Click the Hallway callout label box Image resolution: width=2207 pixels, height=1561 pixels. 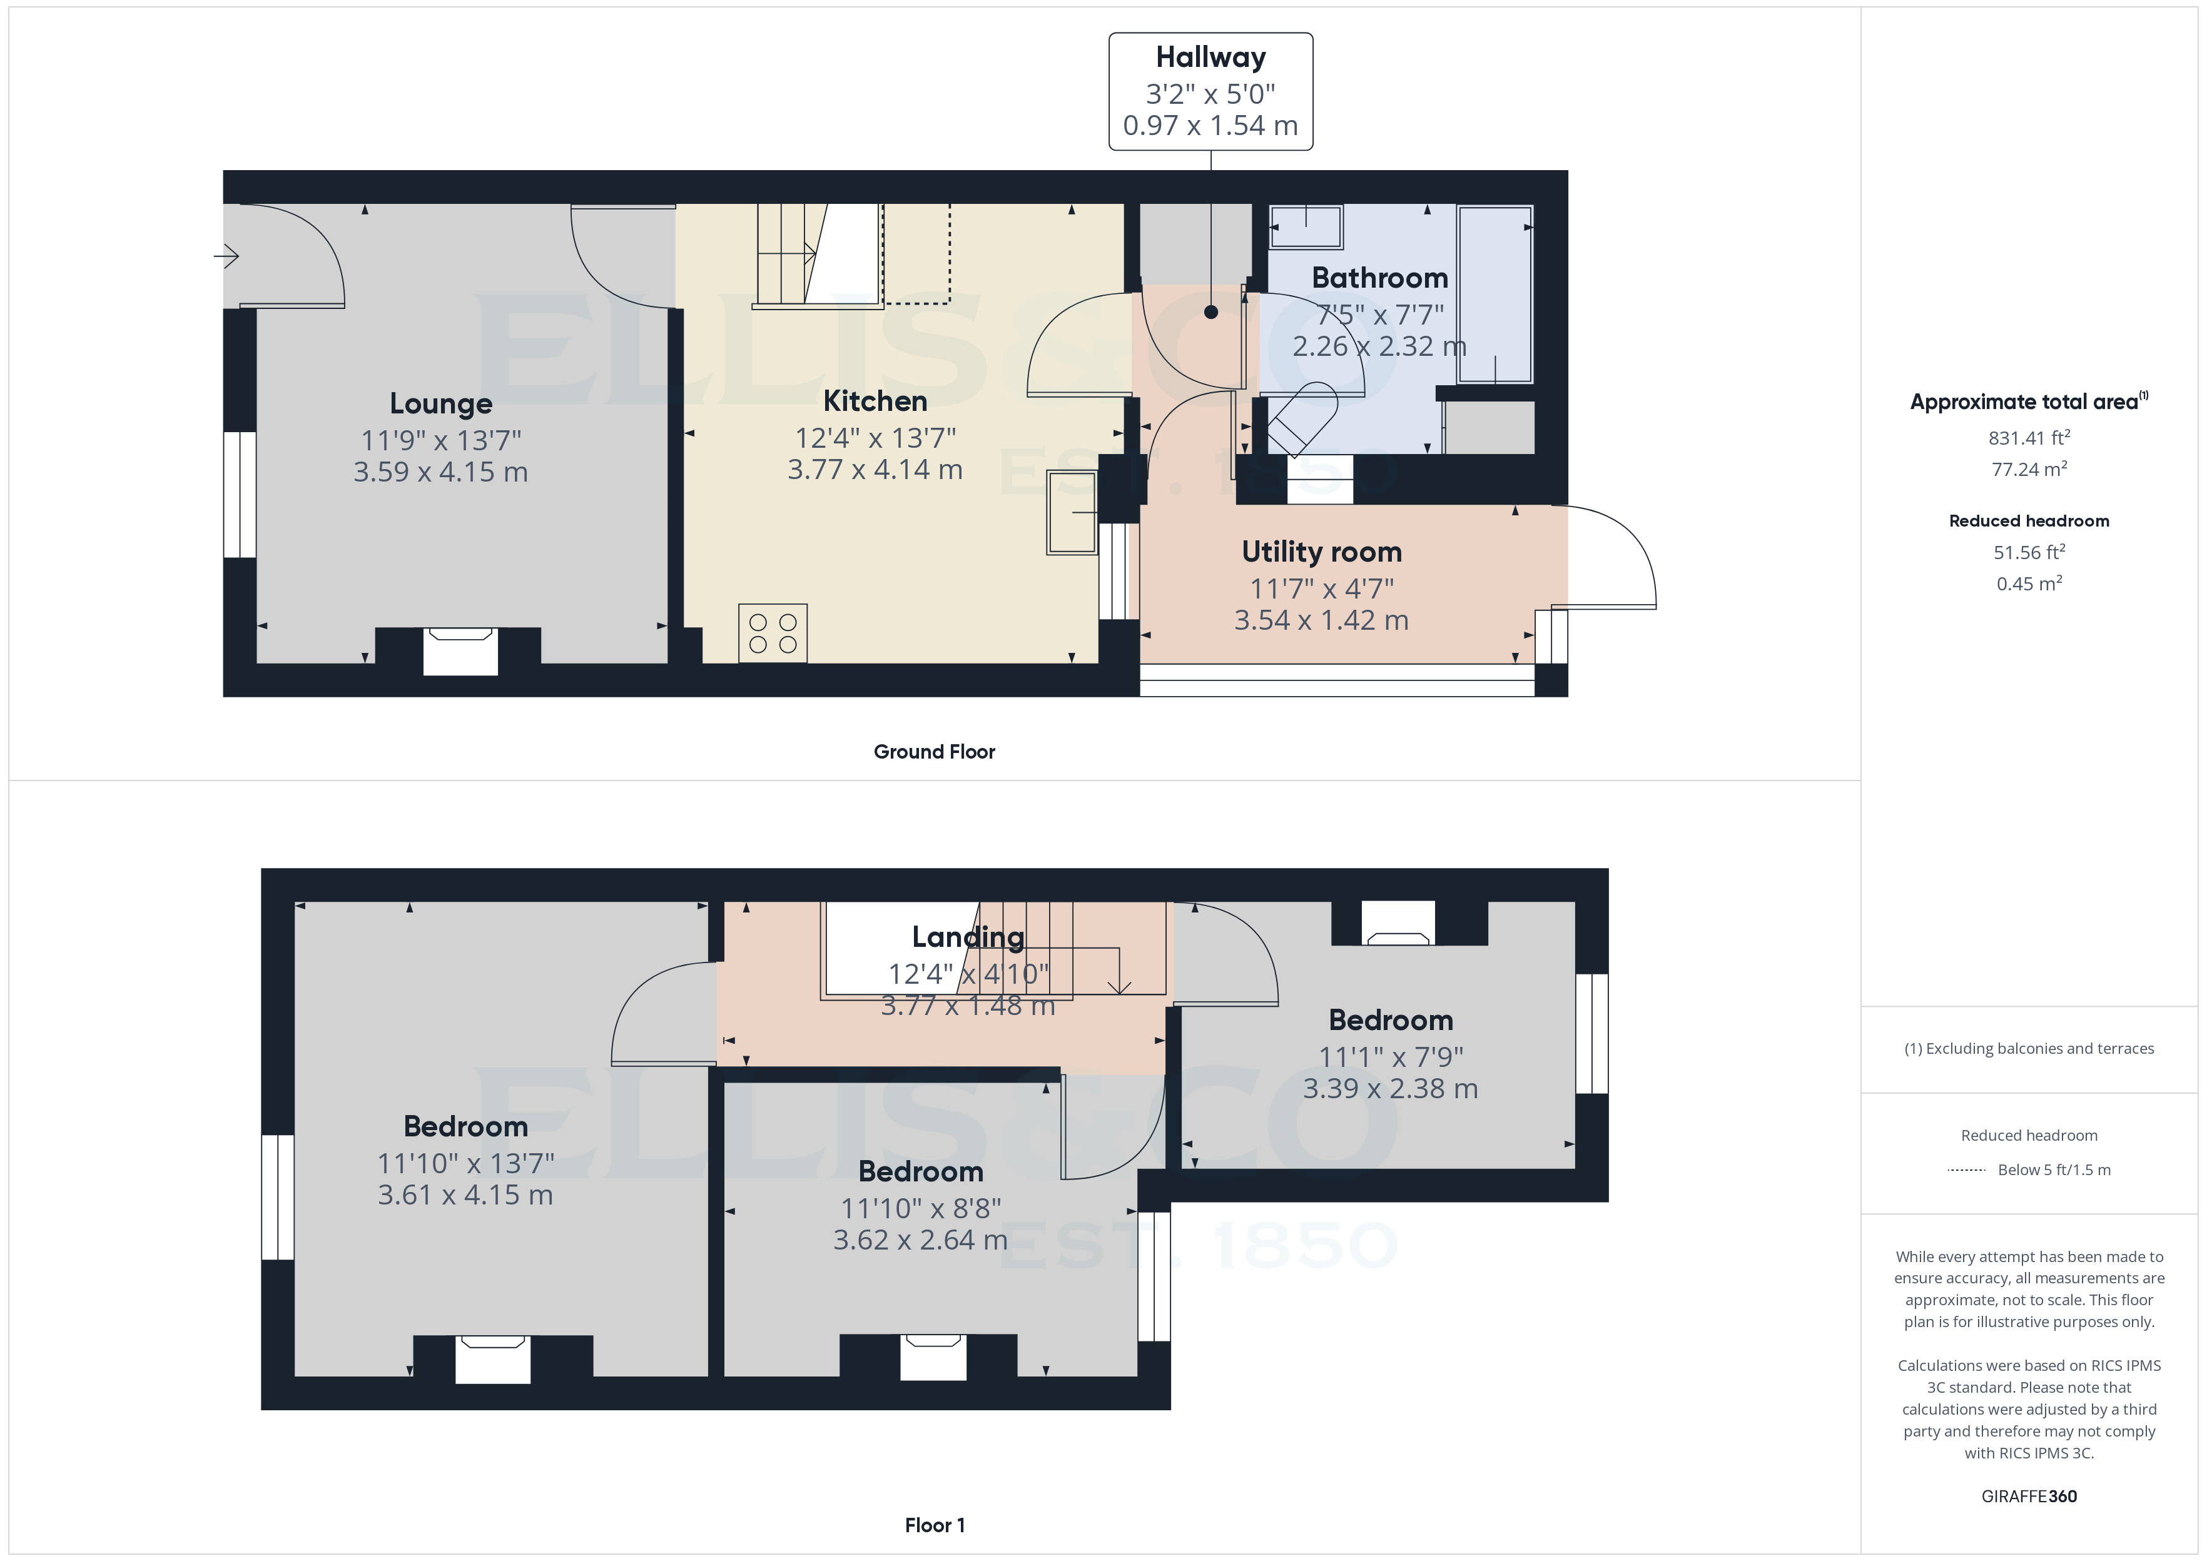click(1210, 91)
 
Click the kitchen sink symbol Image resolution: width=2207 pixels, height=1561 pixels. click(1072, 512)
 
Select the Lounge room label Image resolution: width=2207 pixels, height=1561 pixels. click(440, 404)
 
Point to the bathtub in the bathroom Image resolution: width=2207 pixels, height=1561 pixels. click(1494, 293)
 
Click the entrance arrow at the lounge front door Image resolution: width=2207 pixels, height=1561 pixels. click(227, 256)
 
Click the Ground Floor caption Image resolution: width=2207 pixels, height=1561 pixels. click(933, 752)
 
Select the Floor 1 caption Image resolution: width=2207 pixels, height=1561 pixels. click(933, 1525)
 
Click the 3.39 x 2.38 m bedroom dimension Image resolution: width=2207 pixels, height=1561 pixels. click(1390, 1089)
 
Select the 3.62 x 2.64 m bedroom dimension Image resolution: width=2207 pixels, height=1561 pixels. click(920, 1240)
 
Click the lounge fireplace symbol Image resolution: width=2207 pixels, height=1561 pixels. click(460, 650)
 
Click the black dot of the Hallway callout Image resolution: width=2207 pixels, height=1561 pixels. click(1210, 311)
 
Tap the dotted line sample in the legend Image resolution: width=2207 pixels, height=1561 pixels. click(1966, 1169)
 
